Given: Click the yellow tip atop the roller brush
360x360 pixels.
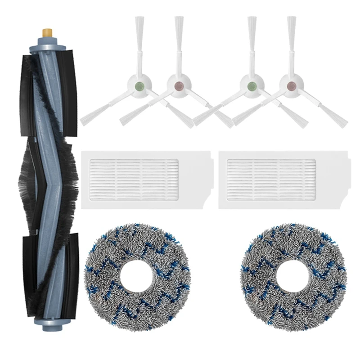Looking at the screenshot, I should (x=45, y=33).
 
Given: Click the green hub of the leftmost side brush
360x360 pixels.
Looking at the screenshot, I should (x=139, y=83).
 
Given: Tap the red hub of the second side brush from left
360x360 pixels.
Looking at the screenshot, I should (x=178, y=83).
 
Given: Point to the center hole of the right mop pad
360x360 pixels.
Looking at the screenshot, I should (x=292, y=274).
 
